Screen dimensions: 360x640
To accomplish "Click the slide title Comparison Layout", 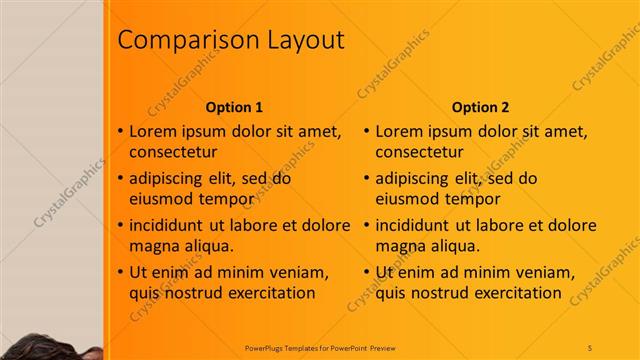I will [231, 40].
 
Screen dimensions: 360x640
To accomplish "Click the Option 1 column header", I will [234, 107].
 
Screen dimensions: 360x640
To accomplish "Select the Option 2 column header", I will [480, 107].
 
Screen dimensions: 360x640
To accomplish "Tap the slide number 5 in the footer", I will [590, 346].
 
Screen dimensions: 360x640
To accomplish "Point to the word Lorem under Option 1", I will [155, 131].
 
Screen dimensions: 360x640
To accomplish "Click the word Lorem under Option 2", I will [401, 131].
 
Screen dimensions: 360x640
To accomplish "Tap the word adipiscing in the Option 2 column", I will [413, 179].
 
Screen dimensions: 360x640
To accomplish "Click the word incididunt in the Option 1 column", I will [171, 226].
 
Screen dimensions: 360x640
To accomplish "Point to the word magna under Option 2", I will [401, 246].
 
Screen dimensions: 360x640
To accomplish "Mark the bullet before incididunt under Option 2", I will [367, 226].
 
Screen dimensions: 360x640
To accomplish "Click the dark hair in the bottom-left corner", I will [40, 347].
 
